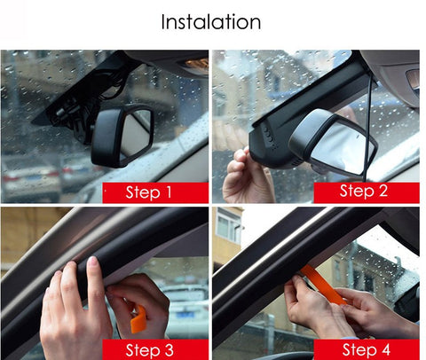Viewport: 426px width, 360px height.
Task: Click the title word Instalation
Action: [211, 22]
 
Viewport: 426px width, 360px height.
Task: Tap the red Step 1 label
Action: [155, 192]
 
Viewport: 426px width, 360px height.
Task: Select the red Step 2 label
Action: [367, 192]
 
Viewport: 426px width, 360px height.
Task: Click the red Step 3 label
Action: [155, 349]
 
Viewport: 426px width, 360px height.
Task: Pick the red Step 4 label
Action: [367, 349]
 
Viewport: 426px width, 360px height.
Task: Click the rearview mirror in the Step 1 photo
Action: [122, 136]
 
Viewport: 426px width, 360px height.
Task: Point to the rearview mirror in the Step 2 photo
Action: [333, 144]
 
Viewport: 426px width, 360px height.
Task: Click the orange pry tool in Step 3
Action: [138, 319]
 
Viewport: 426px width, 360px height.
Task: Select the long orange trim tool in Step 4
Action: [324, 284]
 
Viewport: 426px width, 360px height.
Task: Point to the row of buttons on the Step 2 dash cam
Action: [269, 137]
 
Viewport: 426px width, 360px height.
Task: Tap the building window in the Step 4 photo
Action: [228, 229]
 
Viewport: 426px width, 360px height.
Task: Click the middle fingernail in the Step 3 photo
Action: [92, 262]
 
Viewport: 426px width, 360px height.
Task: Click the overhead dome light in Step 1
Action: [195, 63]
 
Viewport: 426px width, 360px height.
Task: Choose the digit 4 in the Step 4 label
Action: [385, 350]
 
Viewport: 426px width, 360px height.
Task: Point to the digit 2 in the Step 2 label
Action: [383, 191]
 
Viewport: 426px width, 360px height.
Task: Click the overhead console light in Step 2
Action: [413, 79]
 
